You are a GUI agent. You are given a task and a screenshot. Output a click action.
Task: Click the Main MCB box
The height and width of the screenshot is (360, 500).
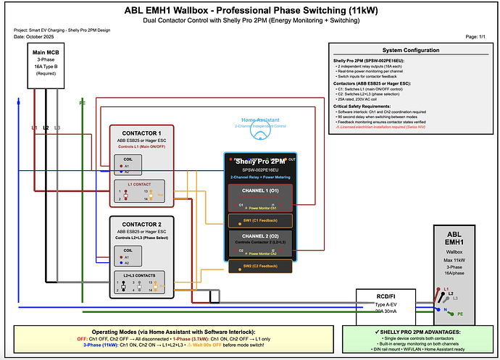pyautogui.click(x=44, y=64)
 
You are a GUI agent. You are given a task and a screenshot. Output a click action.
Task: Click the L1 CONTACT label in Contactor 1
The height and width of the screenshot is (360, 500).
pyautogui.click(x=140, y=185)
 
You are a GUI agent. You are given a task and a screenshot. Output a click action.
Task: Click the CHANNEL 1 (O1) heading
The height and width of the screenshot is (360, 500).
pyautogui.click(x=260, y=191)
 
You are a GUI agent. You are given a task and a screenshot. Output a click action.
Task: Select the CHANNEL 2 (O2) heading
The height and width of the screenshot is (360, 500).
pyautogui.click(x=260, y=235)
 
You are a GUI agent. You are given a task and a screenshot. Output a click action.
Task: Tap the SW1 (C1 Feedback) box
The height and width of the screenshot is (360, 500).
pyautogui.click(x=260, y=219)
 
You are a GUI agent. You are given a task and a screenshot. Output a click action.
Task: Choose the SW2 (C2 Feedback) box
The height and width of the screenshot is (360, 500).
pyautogui.click(x=260, y=266)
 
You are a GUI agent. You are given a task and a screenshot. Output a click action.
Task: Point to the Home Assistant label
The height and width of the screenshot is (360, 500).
pyautogui.click(x=260, y=120)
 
